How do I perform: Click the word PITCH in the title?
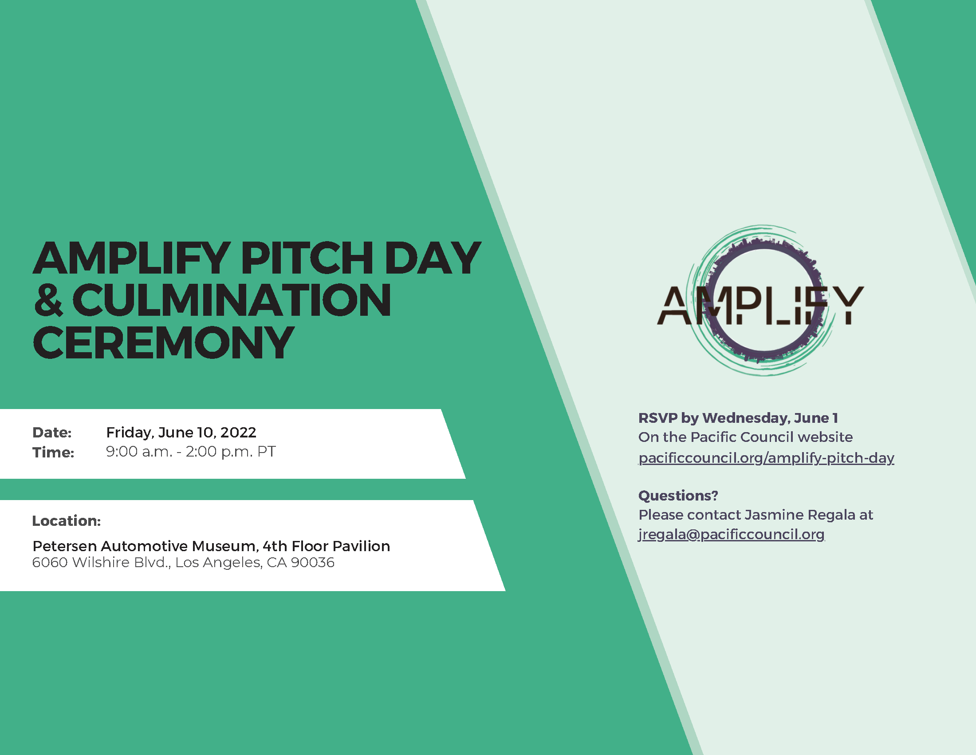click(307, 258)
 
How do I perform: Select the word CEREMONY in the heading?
click(163, 343)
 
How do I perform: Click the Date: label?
click(52, 433)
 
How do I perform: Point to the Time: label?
click(53, 453)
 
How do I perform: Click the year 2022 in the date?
click(238, 433)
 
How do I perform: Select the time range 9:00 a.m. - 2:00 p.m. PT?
click(191, 452)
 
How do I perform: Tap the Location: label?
click(67, 521)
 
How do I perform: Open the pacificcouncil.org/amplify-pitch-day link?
click(767, 458)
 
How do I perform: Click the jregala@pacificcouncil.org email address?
click(732, 534)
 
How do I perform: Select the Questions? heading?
click(678, 496)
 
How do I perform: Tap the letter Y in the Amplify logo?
click(847, 306)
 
